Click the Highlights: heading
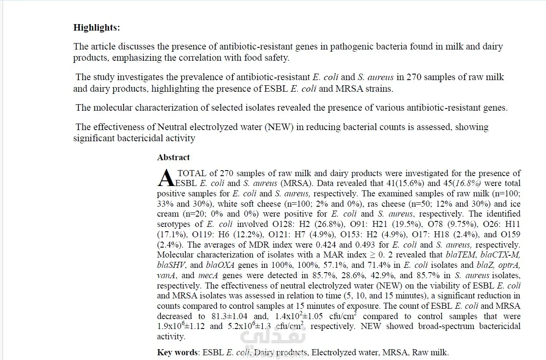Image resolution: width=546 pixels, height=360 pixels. coord(96,28)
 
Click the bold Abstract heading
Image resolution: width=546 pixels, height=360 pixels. coord(173,157)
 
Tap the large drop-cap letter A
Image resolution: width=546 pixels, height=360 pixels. coord(167,177)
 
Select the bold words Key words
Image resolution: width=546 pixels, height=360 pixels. coord(177,353)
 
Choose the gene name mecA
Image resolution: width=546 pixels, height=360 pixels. coord(208,276)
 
